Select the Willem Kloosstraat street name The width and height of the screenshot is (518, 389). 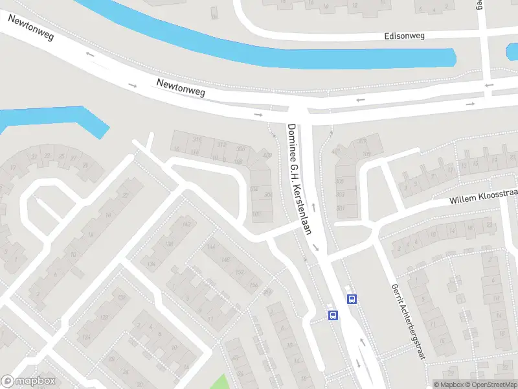tap(485, 196)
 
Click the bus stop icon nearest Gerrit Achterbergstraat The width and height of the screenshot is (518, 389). tap(352, 299)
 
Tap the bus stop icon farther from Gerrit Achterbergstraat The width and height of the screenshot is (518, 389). tap(333, 316)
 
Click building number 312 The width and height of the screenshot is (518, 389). tap(222, 144)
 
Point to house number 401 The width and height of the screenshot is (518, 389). tap(336, 152)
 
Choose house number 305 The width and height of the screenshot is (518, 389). tap(340, 182)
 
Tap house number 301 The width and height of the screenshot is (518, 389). tap(340, 208)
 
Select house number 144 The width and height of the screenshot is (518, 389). tap(210, 247)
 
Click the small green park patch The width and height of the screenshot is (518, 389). tap(221, 383)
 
